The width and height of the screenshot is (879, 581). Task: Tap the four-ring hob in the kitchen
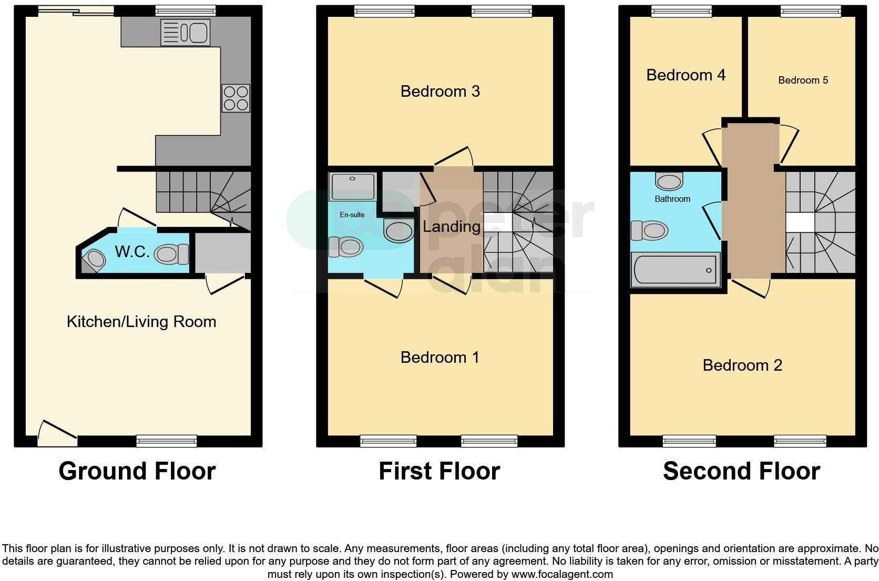[x=236, y=98]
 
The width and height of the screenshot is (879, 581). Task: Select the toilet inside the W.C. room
[x=172, y=254]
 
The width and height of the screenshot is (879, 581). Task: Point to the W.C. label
[x=132, y=252]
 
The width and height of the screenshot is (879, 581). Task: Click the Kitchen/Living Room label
[x=141, y=322]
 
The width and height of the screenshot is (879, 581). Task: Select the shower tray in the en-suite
[x=352, y=187]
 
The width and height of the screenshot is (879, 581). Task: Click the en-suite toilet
[x=346, y=247]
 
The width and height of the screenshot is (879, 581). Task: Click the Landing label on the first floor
[x=452, y=227]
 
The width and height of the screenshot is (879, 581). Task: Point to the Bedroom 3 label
[x=440, y=91]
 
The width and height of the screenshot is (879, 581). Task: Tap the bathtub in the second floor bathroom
[x=676, y=270]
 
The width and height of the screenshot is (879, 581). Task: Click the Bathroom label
[x=672, y=199]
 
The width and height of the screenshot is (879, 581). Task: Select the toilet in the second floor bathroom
[x=650, y=230]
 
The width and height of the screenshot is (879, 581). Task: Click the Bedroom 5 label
[x=803, y=80]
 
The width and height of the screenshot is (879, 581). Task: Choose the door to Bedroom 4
[x=712, y=146]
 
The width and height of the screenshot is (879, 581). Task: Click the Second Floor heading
[x=741, y=471]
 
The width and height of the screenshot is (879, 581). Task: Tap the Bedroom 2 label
[x=742, y=365]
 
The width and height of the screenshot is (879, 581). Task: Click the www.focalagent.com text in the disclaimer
[x=561, y=574]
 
